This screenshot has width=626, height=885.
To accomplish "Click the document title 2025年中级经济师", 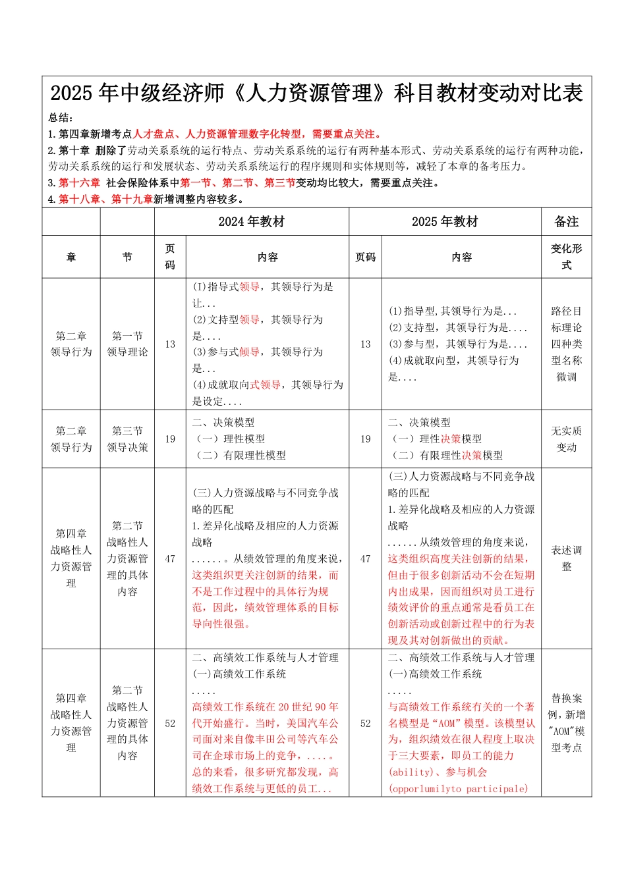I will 316,94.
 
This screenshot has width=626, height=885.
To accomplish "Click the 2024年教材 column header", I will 251,222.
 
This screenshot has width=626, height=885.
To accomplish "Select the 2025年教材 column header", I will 445,222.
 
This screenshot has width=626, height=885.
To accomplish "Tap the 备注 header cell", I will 566,222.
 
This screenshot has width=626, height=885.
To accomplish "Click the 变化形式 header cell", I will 566,257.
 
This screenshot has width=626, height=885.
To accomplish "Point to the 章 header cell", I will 71,257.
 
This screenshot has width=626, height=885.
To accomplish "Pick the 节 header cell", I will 127,257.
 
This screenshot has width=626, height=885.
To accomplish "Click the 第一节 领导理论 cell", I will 127,344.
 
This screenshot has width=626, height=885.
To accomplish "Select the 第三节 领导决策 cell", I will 127,439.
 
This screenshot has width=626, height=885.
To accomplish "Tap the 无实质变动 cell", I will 566,439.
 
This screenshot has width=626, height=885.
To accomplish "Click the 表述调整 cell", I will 566,558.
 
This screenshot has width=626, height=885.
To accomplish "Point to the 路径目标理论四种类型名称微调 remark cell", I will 566,344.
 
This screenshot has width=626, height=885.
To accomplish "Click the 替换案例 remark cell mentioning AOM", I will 566,723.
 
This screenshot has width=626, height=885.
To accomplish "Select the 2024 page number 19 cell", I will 170,439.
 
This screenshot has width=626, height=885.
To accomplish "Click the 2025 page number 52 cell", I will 366,723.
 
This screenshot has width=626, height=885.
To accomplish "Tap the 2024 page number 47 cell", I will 170,559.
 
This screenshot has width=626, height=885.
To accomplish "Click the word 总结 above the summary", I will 60,118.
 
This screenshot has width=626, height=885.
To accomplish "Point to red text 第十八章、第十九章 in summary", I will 105,199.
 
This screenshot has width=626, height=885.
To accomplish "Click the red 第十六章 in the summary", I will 79,182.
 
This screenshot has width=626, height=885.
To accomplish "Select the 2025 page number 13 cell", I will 366,344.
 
